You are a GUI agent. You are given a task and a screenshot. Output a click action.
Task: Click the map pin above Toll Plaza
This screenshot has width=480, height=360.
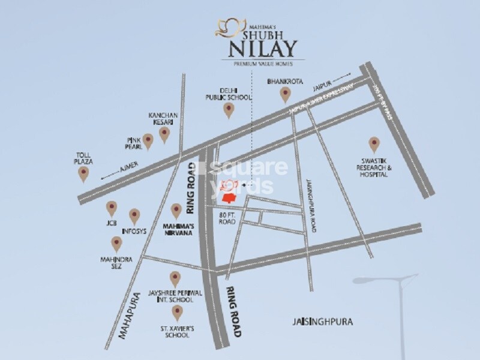tap(83, 174)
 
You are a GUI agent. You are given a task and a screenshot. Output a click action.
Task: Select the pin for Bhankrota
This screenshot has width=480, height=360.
tap(285, 94)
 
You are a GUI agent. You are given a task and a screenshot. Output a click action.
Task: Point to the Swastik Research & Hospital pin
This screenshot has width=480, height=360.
tap(374, 144)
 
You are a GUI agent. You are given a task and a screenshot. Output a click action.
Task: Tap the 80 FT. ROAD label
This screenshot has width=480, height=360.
tap(229, 218)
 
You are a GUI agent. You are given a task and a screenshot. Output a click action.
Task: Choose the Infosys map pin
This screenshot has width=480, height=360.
tap(134, 216)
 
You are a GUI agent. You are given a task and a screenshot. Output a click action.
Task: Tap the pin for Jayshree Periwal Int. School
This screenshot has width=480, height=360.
tap(175, 278)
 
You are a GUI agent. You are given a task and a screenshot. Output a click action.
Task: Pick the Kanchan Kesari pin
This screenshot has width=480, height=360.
tap(164, 135)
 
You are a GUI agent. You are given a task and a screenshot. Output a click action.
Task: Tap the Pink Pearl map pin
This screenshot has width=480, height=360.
tap(148, 140)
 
